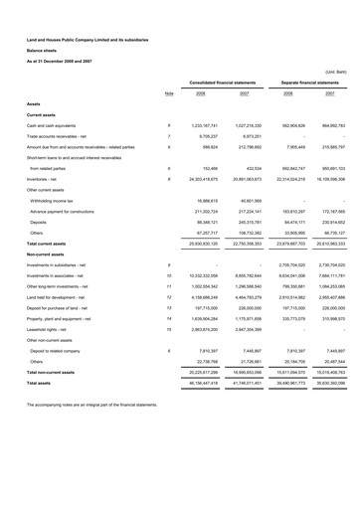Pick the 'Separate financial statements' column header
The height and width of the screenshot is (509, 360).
306,82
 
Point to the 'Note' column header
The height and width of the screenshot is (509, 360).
169,93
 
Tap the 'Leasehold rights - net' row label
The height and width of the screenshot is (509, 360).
50,327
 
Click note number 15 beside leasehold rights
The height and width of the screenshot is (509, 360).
169,327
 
